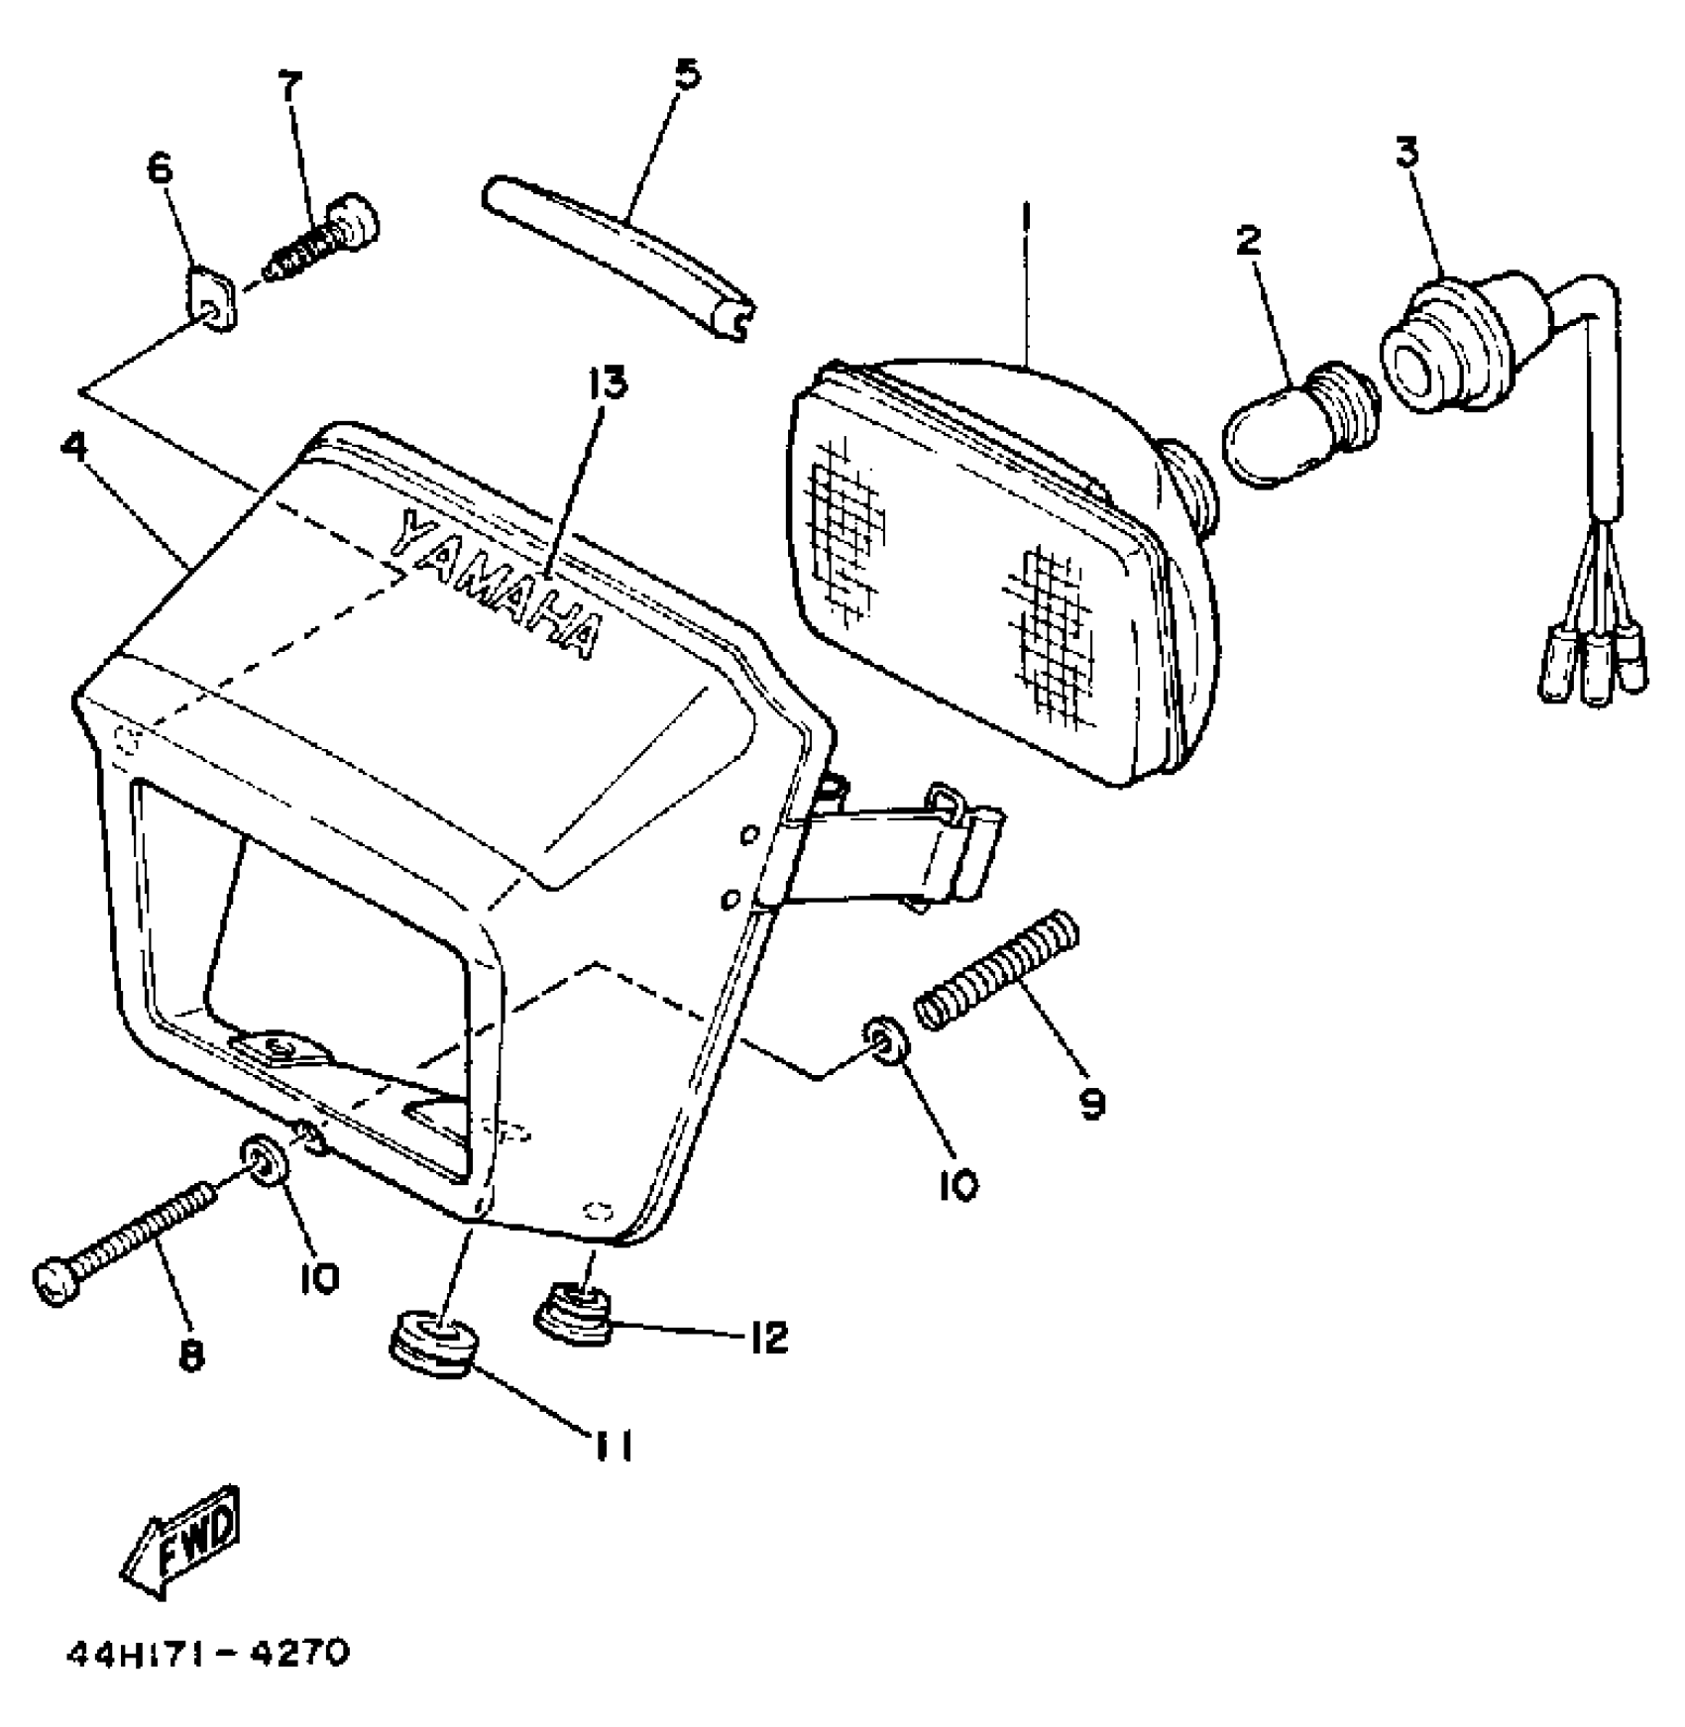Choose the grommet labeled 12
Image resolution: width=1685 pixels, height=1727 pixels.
pyautogui.click(x=576, y=1312)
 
